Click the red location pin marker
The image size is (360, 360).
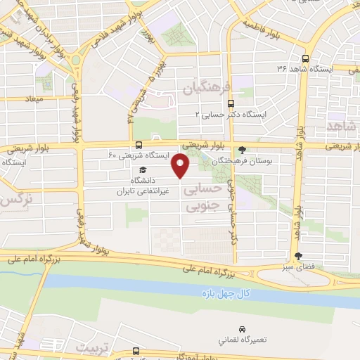181,166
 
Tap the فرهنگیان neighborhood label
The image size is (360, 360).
207,88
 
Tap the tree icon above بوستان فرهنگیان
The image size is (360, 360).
243,149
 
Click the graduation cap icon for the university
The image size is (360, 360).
143,170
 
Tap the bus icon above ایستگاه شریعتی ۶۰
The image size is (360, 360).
138,144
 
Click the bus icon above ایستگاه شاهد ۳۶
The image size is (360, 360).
305,58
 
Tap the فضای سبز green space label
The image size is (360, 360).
300,267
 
